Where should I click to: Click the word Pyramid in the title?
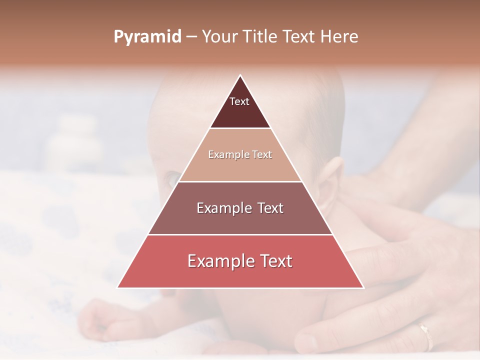[x=147, y=37]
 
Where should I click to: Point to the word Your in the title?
[x=218, y=36]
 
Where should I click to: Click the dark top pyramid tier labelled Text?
[x=240, y=107]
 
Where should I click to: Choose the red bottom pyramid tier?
[x=240, y=270]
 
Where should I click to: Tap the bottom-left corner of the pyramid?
[x=118, y=287]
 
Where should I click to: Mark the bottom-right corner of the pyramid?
[x=363, y=287]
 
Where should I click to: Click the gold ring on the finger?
[x=425, y=335]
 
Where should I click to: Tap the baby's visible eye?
[x=172, y=177]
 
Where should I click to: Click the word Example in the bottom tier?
[x=218, y=261]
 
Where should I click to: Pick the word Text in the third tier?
[x=269, y=208]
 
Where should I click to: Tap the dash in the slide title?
[x=191, y=37]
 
